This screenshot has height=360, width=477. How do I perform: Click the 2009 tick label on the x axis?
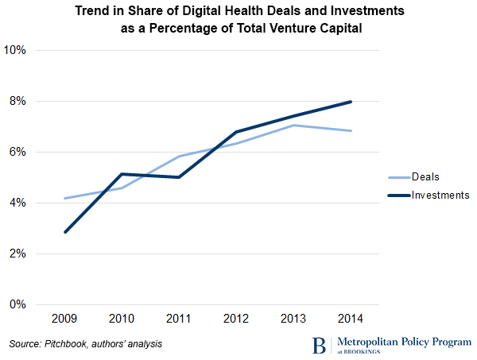(64, 319)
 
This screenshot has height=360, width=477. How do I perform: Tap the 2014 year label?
(351, 319)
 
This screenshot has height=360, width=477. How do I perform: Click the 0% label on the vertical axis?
(19, 304)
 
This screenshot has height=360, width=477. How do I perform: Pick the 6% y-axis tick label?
(19, 152)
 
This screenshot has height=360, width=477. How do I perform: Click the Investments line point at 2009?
(65, 232)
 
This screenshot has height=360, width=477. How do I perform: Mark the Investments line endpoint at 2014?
(351, 102)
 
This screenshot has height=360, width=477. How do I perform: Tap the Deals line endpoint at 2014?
(351, 131)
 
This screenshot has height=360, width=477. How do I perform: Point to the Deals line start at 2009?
(65, 198)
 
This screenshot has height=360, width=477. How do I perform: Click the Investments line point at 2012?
(237, 132)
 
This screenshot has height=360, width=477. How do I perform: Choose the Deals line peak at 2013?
(294, 125)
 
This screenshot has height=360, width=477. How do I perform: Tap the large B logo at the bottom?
(319, 345)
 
